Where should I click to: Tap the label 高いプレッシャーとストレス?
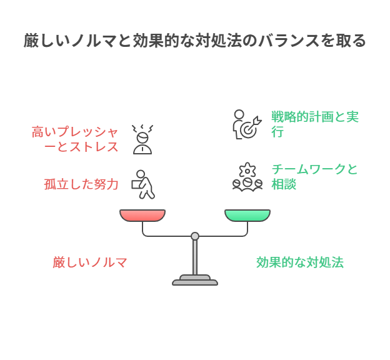(x=75, y=139)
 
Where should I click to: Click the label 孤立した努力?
(x=81, y=184)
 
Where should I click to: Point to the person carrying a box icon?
(x=143, y=184)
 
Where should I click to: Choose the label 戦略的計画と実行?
(x=314, y=124)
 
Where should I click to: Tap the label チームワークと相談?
(x=314, y=177)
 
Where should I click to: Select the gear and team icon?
(x=247, y=176)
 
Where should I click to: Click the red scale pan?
(x=142, y=216)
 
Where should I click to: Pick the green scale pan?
(x=247, y=216)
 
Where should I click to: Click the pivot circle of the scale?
(x=195, y=236)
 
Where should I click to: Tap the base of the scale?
(x=195, y=281)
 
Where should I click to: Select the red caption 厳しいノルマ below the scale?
(x=90, y=262)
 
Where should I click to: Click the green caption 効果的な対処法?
(x=300, y=262)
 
